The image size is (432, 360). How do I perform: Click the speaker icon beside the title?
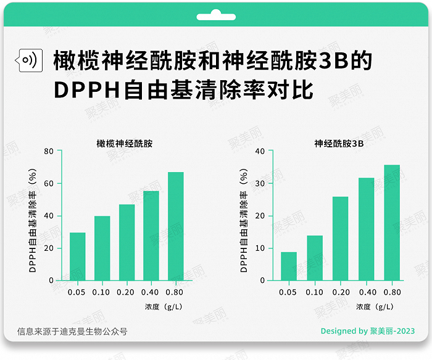28,60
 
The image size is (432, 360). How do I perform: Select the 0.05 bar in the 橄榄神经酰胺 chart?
78,256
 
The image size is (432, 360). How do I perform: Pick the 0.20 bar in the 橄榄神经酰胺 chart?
127,242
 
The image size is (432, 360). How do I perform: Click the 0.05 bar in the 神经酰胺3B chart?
289,266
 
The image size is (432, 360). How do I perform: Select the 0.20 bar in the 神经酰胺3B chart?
341,239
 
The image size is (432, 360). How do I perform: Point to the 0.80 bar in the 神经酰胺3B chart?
393,223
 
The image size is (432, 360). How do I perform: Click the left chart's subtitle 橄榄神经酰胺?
124,143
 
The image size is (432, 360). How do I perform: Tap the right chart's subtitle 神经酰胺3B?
339,143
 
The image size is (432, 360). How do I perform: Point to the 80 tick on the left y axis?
49,151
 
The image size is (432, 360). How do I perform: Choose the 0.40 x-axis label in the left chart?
151,292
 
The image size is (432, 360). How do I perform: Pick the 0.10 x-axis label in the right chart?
315,292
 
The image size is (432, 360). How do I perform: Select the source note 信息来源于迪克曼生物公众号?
72,331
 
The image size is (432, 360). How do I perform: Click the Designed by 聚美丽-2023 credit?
368,331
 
